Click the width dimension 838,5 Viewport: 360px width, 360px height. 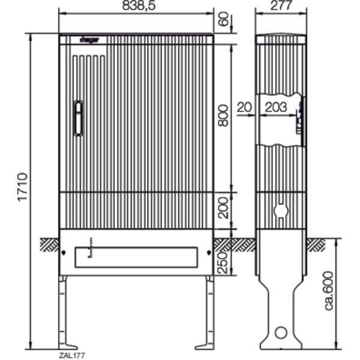pos(136,5)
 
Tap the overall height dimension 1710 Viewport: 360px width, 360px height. pos(22,187)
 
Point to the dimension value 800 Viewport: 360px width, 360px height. pos(223,115)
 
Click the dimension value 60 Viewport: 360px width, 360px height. pos(223,20)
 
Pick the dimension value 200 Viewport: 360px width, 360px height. pos(223,211)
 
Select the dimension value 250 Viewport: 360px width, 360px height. pos(223,260)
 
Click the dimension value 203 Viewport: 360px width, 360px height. pos(275,107)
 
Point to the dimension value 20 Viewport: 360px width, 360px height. pos(244,107)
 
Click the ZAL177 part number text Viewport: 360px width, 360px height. pos(72,355)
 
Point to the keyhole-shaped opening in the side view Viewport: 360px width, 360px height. pos(280,211)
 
